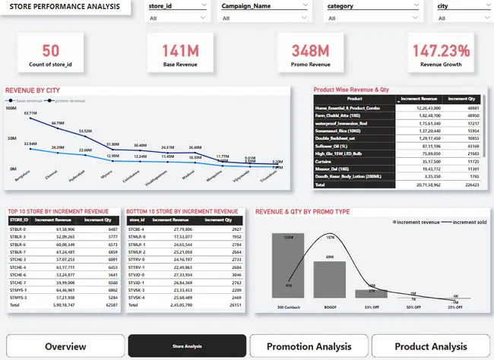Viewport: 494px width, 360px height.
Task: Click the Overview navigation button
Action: [65, 346]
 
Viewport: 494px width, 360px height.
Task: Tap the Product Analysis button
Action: [431, 346]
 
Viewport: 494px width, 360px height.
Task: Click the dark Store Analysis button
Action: [187, 346]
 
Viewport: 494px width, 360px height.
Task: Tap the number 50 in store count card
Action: [51, 51]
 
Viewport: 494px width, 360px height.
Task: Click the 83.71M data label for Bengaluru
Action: [30, 113]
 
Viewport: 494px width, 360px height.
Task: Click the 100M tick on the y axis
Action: [11, 109]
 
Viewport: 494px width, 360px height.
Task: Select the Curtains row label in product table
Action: [328, 162]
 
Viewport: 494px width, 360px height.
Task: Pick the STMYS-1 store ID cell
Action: [19, 290]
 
